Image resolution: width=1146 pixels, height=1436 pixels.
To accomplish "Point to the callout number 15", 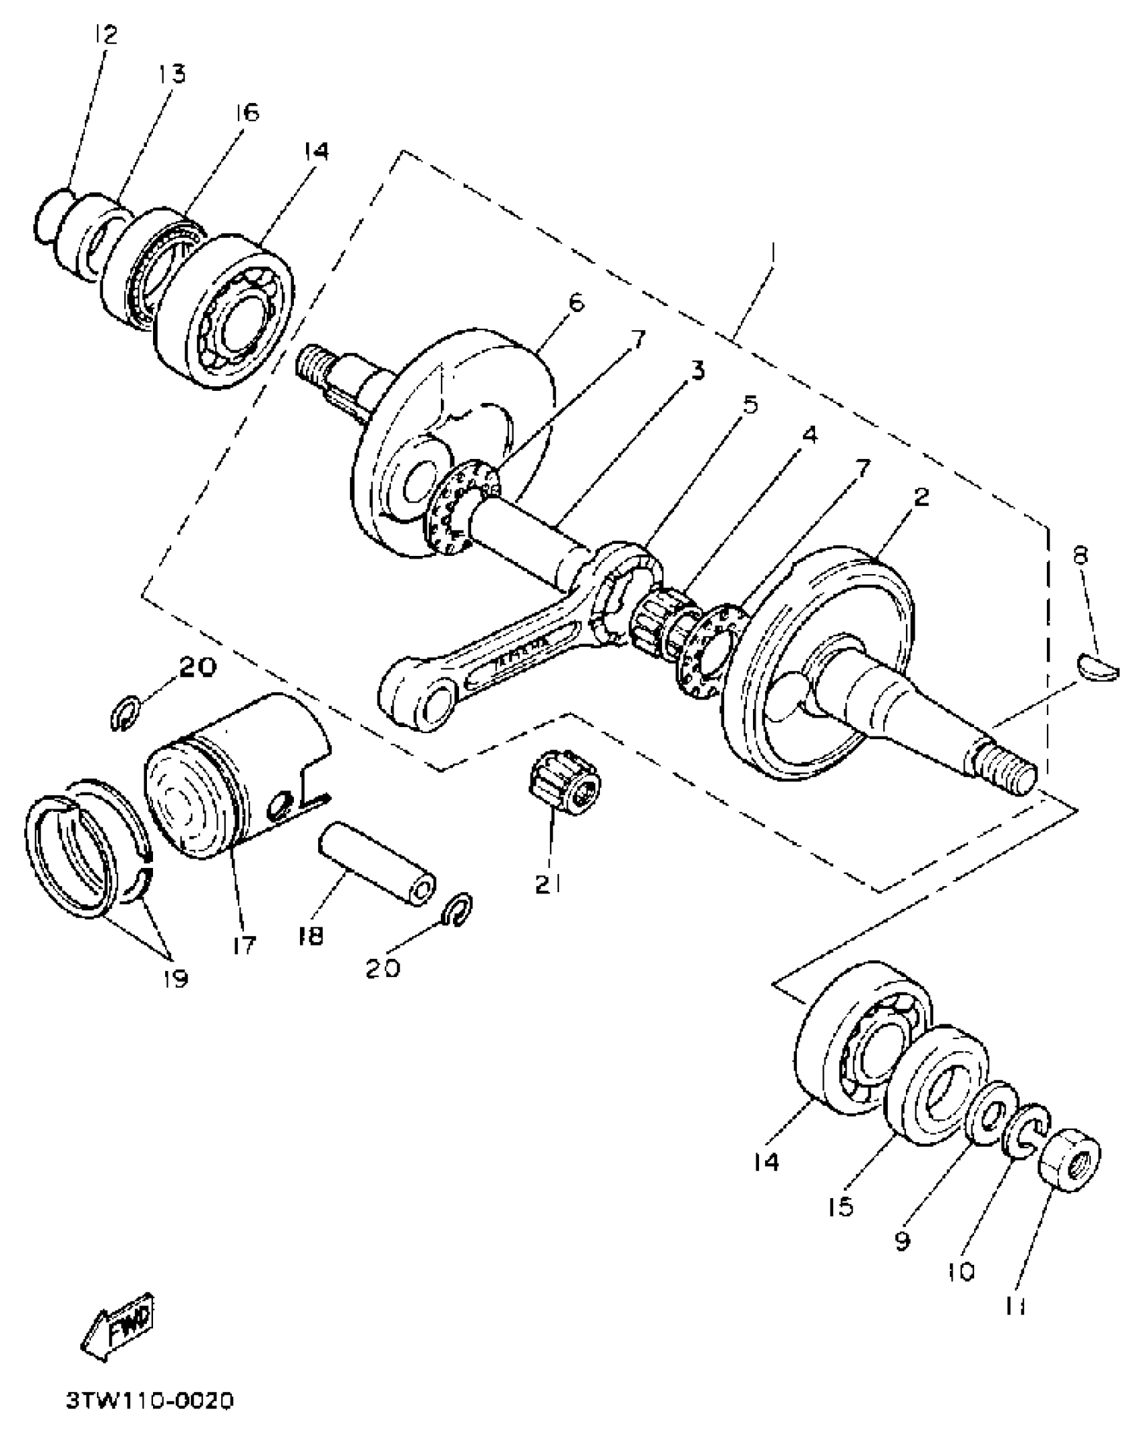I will click(x=841, y=1206).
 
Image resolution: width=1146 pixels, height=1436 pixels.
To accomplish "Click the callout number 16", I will click(x=246, y=112).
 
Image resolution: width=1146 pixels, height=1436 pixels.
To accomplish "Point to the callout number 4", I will click(x=808, y=435).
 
